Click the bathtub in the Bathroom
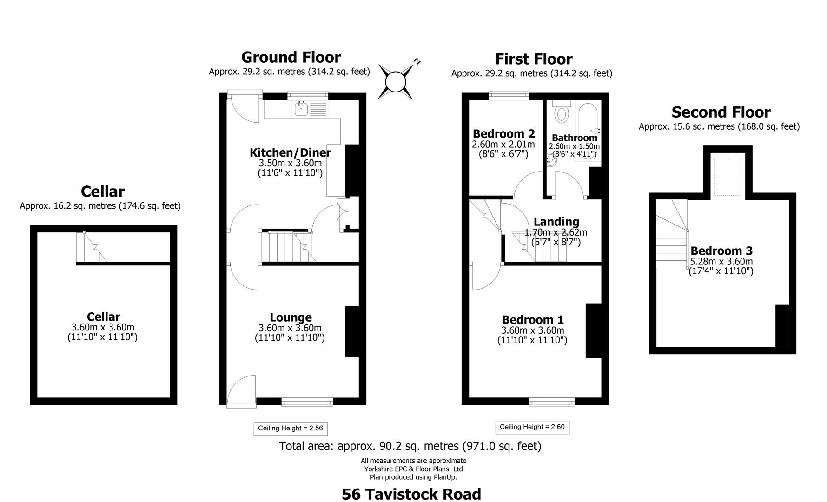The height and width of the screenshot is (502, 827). coord(588,132)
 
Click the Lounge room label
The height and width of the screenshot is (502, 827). coord(291,317)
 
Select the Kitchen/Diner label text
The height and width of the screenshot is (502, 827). coord(290,152)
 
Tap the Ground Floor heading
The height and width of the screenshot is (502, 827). coord(291,57)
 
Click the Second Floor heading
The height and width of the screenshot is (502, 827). coord(721,112)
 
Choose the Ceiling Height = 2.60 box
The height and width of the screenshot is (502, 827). coord(532,427)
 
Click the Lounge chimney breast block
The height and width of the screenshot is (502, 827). coord(352,331)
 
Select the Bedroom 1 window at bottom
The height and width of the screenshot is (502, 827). coord(551,402)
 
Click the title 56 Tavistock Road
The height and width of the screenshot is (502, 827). coord(411,494)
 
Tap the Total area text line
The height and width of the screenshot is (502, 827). coord(410,446)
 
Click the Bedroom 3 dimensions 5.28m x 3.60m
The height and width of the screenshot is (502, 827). coord(721,262)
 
